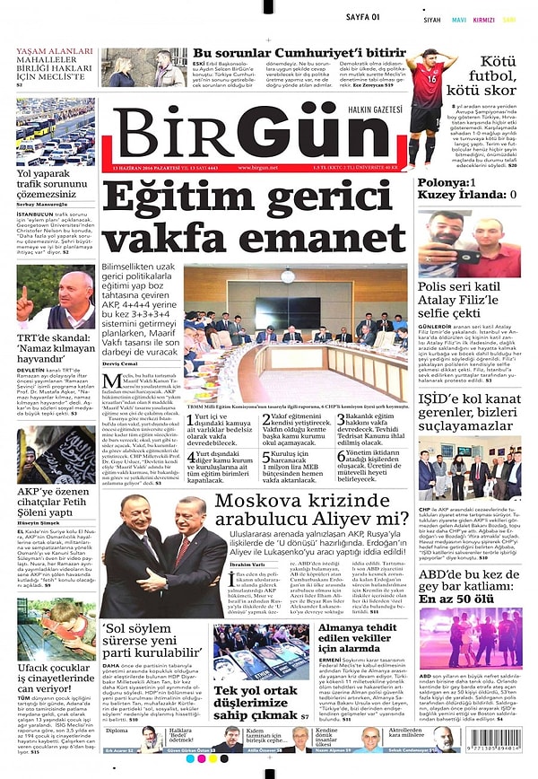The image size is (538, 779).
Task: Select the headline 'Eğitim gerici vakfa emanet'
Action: [x=255, y=216]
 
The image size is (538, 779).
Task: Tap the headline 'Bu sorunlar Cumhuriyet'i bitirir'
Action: [x=299, y=53]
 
